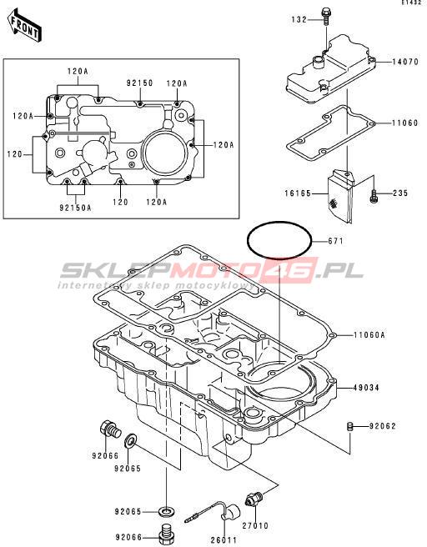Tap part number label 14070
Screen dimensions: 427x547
pos(405,62)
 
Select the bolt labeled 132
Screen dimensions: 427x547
pos(326,16)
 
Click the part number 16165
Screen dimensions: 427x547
pos(298,193)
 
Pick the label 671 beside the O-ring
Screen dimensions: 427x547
pos(335,241)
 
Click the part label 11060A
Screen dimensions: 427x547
pos(369,335)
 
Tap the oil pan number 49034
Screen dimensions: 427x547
pos(366,388)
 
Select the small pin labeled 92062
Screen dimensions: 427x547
pos(350,427)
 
